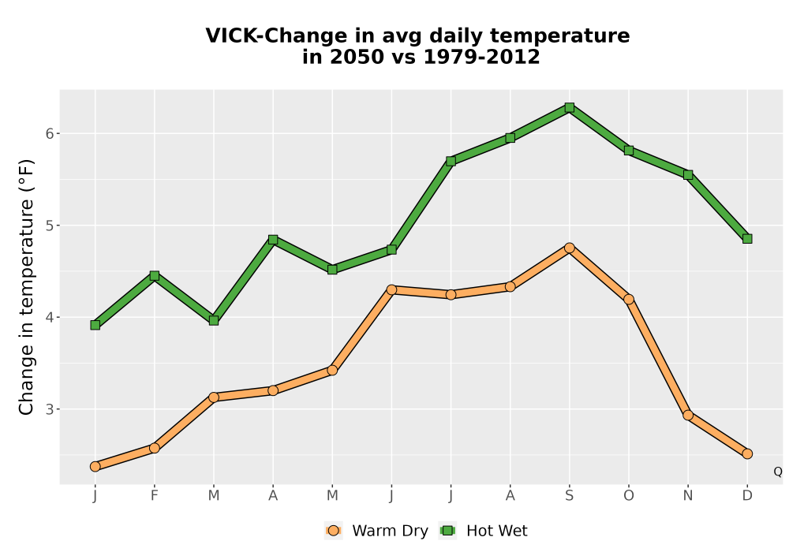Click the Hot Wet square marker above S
click(569, 107)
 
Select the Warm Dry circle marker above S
click(569, 248)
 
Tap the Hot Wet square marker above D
click(747, 239)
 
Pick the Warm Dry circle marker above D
click(747, 454)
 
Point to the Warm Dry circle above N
click(688, 416)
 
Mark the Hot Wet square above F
click(155, 275)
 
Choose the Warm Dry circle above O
click(629, 300)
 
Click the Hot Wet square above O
click(629, 151)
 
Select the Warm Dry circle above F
click(155, 448)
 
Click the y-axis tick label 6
click(49, 133)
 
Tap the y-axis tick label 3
click(49, 409)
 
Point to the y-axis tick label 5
click(49, 226)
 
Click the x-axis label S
click(569, 496)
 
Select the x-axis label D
click(747, 496)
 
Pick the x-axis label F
click(155, 496)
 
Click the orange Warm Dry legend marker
click(333, 531)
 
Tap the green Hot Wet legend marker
click(447, 531)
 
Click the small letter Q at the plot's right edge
click(778, 472)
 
